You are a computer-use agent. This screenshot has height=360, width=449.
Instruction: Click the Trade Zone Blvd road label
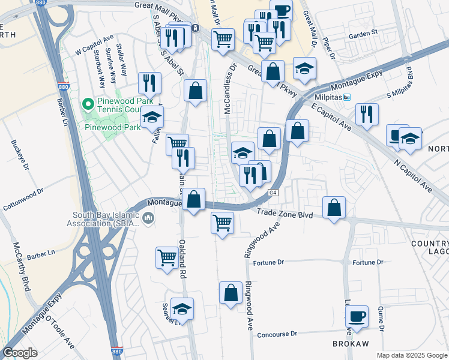(286, 213)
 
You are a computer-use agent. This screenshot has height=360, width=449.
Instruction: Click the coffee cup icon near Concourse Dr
(357, 316)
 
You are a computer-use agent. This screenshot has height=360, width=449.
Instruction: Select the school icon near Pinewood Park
(152, 117)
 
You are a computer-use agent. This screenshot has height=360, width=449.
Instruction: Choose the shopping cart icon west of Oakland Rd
(167, 257)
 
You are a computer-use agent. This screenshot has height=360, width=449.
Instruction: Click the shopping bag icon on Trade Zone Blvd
(334, 207)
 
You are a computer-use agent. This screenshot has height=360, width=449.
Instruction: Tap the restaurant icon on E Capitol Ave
(366, 114)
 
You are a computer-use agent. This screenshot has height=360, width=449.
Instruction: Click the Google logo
(20, 353)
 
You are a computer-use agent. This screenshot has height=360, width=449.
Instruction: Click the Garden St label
(363, 35)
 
